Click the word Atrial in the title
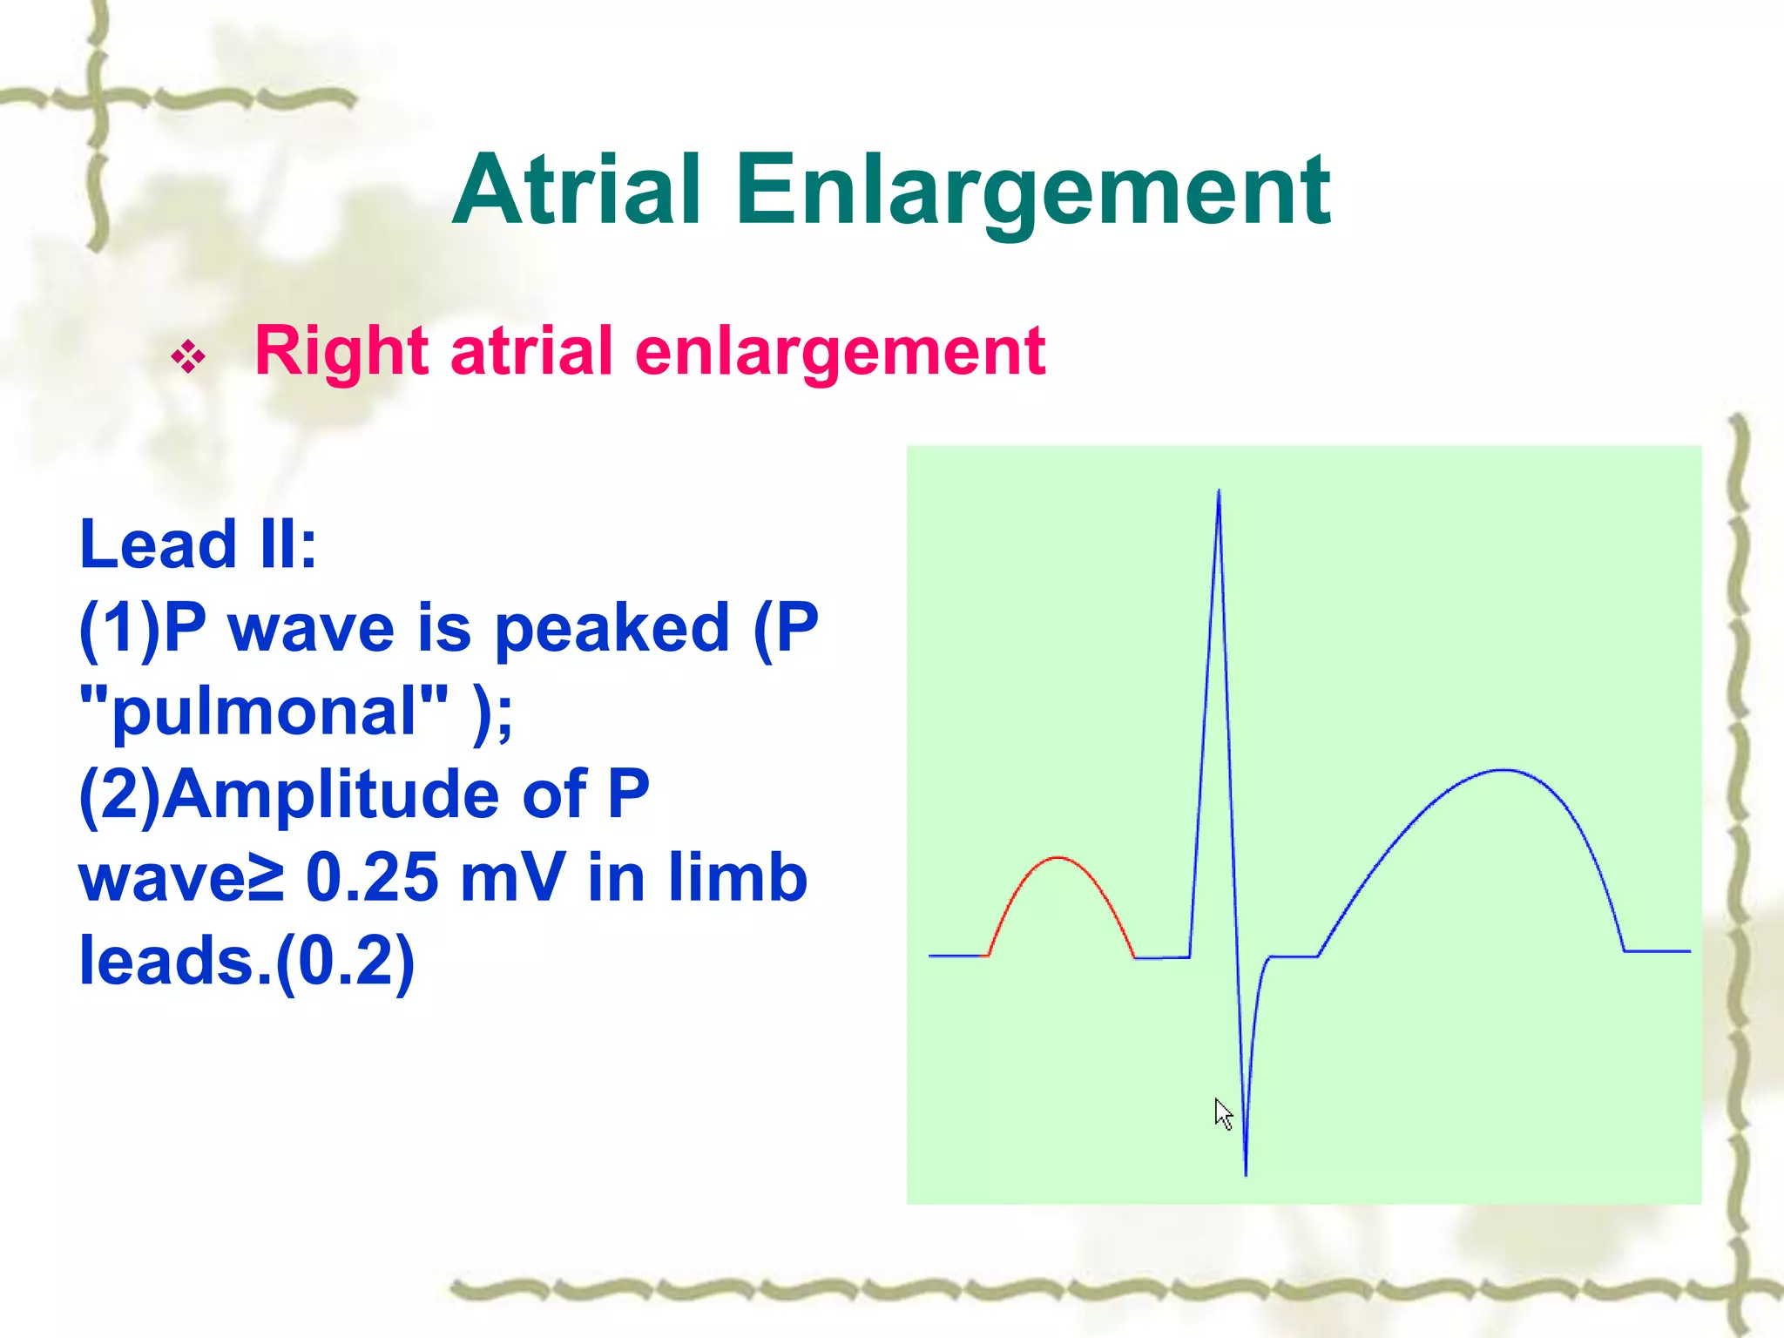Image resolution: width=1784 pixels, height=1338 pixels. [577, 189]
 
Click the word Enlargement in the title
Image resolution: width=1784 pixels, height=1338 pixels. [1033, 191]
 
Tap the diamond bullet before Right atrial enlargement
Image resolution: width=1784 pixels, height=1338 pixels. [188, 356]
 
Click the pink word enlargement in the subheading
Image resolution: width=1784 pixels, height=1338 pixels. [840, 352]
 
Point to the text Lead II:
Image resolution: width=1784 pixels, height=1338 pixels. [199, 544]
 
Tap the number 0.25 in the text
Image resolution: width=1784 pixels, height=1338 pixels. [372, 877]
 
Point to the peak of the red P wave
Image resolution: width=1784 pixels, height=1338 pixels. [1058, 858]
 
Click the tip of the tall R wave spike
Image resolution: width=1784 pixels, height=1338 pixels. [1219, 491]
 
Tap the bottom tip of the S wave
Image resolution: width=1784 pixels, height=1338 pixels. [1246, 1173]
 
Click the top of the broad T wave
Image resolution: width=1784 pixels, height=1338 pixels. [1503, 770]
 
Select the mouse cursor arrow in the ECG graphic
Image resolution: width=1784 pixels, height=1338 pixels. [1222, 1113]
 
